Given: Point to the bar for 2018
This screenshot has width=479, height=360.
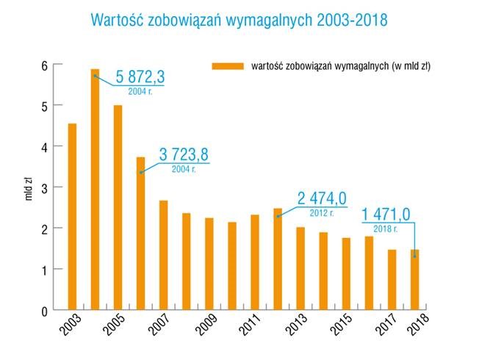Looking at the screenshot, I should click(x=414, y=280).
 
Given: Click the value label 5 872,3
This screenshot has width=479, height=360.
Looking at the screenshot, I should click(x=140, y=76).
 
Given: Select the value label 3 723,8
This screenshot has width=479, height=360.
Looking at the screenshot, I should click(x=184, y=154).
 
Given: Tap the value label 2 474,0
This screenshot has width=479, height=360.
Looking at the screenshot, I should click(x=322, y=198).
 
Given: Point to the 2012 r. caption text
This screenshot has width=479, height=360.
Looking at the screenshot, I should click(x=322, y=214).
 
